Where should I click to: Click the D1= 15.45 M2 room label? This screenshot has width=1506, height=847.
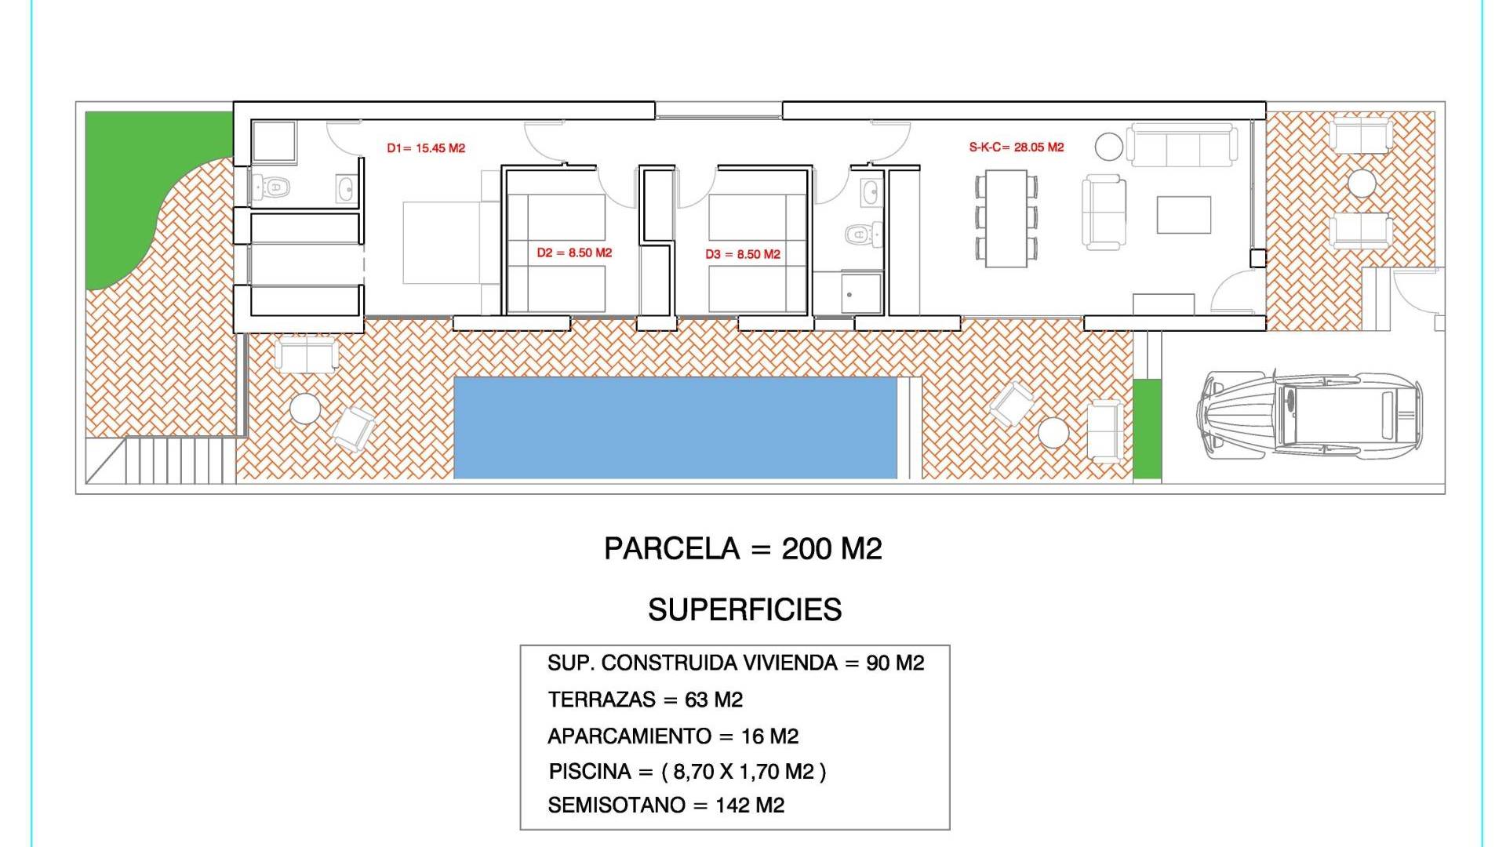click(426, 148)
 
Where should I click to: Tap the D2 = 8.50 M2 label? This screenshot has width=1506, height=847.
click(574, 253)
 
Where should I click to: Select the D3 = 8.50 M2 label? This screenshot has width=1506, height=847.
click(743, 254)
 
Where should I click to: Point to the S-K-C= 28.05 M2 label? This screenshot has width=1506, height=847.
click(1017, 147)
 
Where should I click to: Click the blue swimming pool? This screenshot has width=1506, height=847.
click(675, 428)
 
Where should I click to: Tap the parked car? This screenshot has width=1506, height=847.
click(1309, 414)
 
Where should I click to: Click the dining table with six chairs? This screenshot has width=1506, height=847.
click(1006, 219)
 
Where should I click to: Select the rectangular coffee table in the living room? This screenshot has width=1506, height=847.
click(1184, 215)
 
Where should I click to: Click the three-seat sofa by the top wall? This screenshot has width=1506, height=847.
click(1182, 145)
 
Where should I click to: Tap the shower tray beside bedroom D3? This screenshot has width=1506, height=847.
click(862, 293)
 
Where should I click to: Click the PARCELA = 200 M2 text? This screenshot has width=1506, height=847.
click(743, 548)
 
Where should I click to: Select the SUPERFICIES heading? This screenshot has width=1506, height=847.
click(744, 609)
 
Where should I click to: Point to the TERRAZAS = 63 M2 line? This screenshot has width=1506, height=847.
click(645, 700)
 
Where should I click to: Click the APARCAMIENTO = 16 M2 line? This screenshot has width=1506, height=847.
click(673, 736)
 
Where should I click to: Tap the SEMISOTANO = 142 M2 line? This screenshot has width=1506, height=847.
click(666, 805)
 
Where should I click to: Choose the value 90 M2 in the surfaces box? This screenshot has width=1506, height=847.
click(895, 663)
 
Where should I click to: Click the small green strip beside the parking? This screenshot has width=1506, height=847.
click(1147, 428)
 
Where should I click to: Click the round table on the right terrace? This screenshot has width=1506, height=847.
click(1362, 184)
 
